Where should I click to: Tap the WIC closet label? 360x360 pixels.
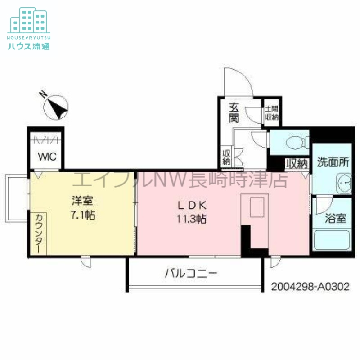(47, 157)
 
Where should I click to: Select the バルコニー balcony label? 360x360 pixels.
(191, 273)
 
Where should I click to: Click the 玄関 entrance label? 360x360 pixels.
(234, 114)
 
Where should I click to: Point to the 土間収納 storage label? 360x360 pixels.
(271, 113)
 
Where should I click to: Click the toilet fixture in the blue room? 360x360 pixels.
(292, 143)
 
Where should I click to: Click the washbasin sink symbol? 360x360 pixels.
(344, 183)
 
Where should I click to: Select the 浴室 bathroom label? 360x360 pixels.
(336, 219)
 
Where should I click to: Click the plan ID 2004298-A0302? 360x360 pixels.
(310, 287)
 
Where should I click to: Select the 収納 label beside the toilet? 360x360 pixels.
(296, 163)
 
